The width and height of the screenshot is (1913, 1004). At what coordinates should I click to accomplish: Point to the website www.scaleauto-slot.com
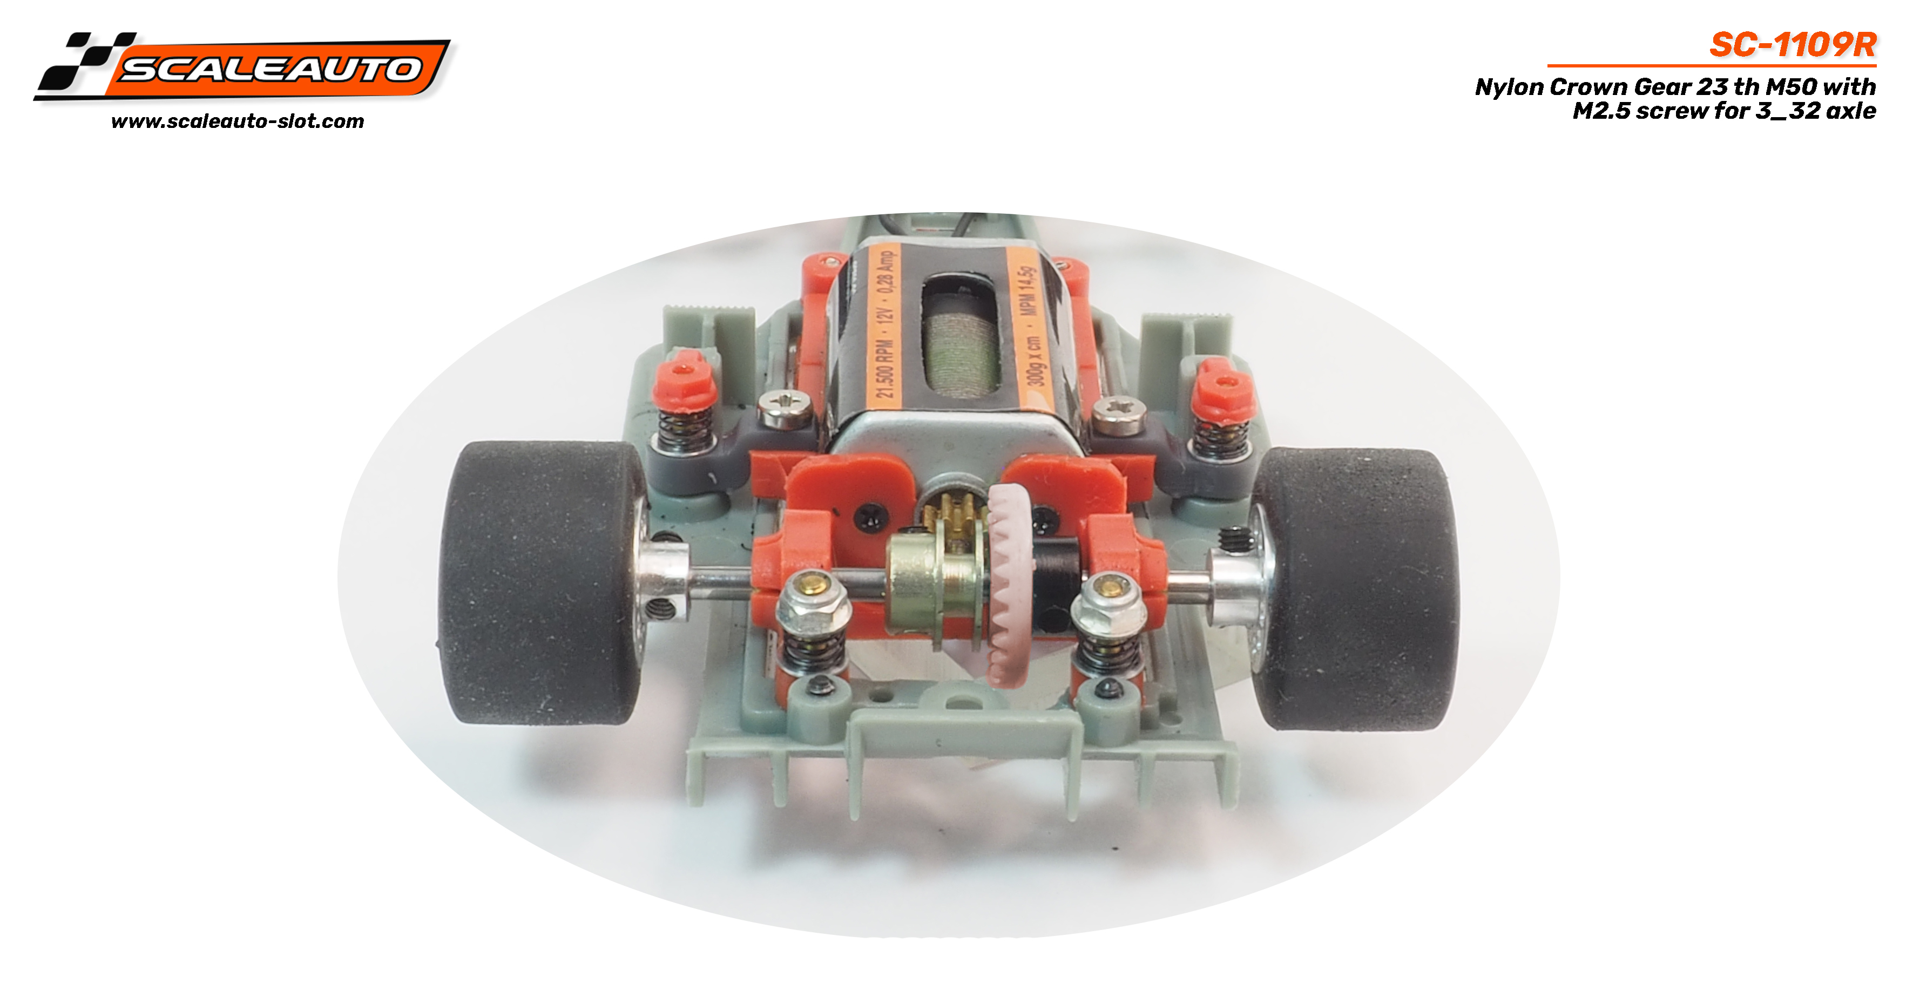point(238,121)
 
